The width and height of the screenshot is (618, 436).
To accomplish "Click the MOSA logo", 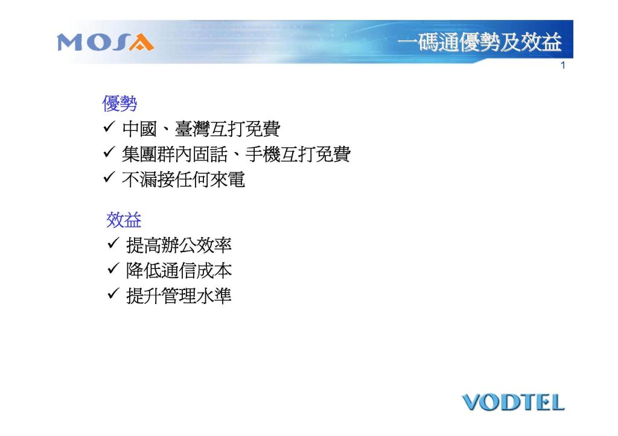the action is [x=105, y=43].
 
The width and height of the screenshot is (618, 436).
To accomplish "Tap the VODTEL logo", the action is [x=513, y=402].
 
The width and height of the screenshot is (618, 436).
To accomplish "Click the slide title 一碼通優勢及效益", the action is [x=479, y=42].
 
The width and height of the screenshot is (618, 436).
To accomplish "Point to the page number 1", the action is [x=563, y=65].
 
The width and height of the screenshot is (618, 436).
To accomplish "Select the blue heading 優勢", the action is [x=119, y=104].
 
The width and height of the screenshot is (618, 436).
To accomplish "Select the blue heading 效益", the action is [x=124, y=220].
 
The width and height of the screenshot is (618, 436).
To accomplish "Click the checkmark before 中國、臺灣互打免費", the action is [x=109, y=127].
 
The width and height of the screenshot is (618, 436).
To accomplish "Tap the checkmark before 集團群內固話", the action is [x=109, y=152].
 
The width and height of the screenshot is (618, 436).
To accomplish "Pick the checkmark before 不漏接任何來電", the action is [x=109, y=177].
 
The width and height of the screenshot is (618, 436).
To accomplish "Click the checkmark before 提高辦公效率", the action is [x=113, y=243].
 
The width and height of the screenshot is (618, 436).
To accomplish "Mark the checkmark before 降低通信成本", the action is [x=113, y=268].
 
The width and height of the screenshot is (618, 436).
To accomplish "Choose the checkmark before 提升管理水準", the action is [x=113, y=294].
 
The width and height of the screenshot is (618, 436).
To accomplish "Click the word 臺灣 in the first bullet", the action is [x=193, y=129].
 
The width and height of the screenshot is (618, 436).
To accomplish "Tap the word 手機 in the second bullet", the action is [x=263, y=154].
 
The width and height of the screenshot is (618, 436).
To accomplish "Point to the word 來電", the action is [x=228, y=179].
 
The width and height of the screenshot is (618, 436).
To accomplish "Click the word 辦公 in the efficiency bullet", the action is [x=179, y=245].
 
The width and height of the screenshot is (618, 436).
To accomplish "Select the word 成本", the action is [x=214, y=271].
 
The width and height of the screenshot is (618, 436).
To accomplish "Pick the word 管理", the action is [x=179, y=295].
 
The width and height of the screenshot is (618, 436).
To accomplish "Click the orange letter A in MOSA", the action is [x=141, y=43].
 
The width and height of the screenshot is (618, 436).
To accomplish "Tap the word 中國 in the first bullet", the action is [x=139, y=129].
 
